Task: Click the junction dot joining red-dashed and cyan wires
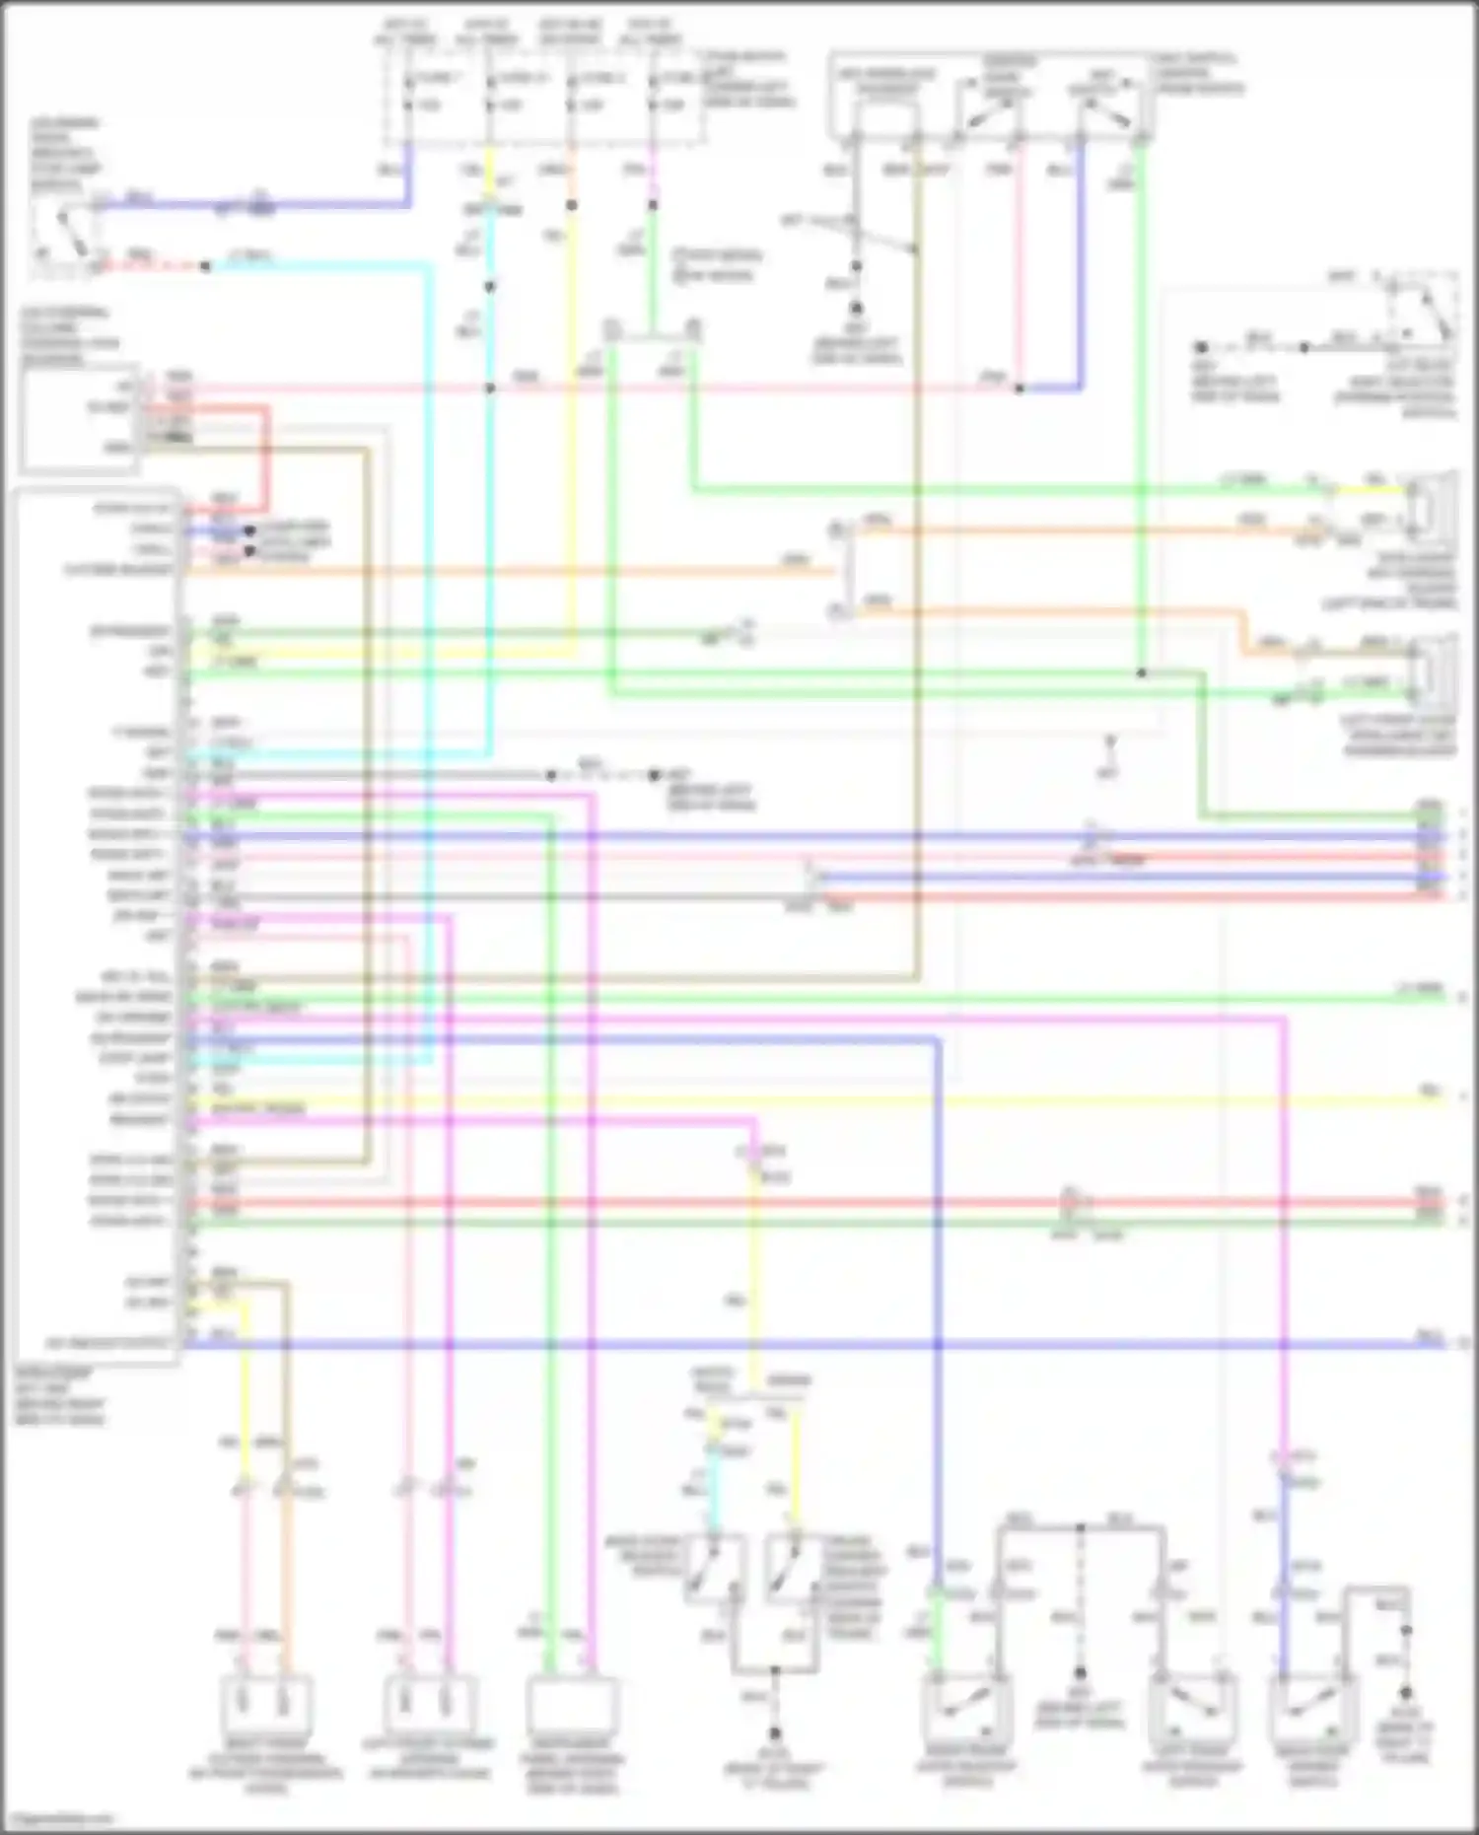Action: [205, 266]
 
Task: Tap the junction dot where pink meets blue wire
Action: [1020, 388]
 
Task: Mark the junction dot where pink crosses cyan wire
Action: [489, 388]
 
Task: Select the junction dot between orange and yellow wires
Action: [571, 205]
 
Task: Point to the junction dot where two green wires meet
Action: [1141, 673]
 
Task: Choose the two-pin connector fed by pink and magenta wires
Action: [428, 1703]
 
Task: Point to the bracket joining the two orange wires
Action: [844, 570]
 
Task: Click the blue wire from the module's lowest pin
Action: [789, 1343]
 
